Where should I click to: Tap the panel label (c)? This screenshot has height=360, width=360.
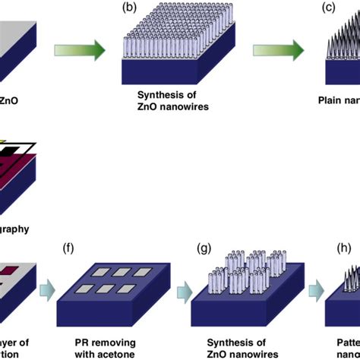point(327,8)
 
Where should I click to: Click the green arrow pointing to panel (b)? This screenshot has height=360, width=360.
point(79,51)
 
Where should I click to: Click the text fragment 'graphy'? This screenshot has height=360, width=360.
point(14,226)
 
